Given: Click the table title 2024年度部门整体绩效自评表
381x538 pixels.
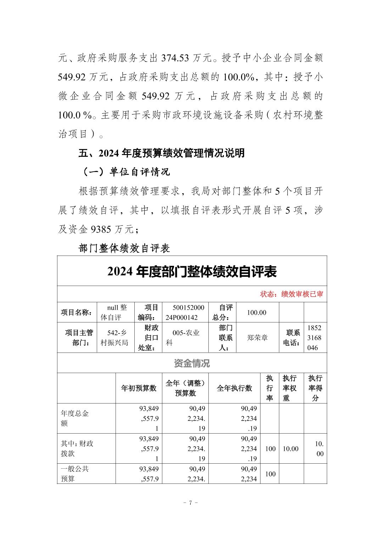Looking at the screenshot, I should (192, 272).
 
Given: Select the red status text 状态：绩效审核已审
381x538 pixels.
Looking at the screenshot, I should (291, 294).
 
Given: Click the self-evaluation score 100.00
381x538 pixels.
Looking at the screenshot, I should (257, 313).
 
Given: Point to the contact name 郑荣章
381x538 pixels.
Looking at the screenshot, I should (258, 338).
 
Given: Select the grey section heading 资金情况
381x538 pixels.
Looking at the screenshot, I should (192, 363).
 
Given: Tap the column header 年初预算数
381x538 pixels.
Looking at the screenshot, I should (139, 388).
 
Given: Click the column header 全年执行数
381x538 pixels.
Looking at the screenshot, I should (234, 388).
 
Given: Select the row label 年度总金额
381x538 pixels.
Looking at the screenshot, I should (75, 418).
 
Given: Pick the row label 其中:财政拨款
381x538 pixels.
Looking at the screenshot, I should (77, 448).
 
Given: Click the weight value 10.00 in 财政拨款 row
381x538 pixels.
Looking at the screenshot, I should (290, 449).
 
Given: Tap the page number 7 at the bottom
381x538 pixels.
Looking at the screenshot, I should (191, 503).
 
